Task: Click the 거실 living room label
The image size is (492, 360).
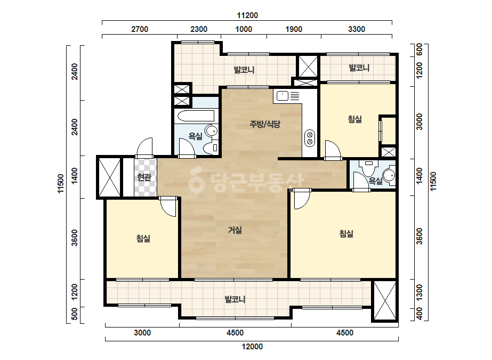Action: click(235, 230)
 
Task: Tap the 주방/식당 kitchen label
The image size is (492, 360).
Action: click(265, 124)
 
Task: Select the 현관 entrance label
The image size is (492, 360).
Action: click(144, 177)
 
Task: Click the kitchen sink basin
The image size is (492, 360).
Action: click(283, 96)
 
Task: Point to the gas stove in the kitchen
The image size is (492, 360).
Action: click(310, 138)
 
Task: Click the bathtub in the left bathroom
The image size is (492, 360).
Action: click(196, 116)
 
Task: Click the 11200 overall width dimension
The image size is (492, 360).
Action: click(247, 15)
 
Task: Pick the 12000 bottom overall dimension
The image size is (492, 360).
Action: click(252, 347)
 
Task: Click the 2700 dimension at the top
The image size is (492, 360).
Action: click(140, 29)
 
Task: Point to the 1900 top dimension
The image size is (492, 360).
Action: click(294, 29)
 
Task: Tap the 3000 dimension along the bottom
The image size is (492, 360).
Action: click(142, 333)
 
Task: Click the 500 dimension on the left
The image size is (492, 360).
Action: click(75, 314)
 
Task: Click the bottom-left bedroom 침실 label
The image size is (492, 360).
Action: click(143, 239)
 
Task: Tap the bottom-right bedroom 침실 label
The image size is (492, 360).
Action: click(346, 234)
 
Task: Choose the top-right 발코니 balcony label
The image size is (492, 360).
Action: click(359, 68)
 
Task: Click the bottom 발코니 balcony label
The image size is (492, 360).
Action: click(235, 299)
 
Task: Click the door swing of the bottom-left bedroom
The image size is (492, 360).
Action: click(169, 207)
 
